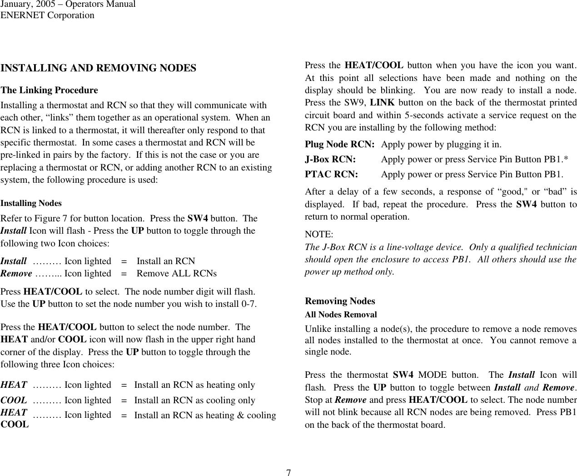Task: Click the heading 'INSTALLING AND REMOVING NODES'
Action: [x=99, y=68]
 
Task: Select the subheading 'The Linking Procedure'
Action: [x=49, y=90]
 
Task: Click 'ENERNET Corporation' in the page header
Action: [x=47, y=15]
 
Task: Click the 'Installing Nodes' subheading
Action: [x=31, y=203]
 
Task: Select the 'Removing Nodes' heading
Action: [x=340, y=301]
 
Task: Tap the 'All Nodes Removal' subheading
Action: [x=340, y=314]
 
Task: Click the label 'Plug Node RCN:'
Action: [x=339, y=145]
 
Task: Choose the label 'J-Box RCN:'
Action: [x=330, y=159]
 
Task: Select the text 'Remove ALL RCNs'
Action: [x=176, y=273]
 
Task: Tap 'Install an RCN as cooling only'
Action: [x=194, y=400]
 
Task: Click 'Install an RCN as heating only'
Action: [x=194, y=385]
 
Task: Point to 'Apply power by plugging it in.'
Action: [x=441, y=145]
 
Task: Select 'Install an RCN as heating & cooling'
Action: [x=205, y=415]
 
